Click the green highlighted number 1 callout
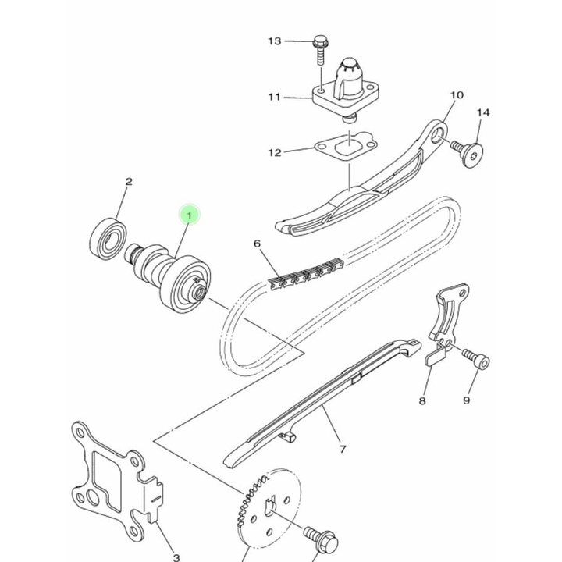tap(189, 215)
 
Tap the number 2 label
tap(129, 182)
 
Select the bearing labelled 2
tap(108, 238)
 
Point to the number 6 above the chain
tap(258, 244)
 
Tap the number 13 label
tap(275, 41)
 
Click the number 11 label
tap(275, 97)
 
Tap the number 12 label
tap(275, 153)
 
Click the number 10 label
tap(457, 95)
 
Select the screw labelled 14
tap(468, 153)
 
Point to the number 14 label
tap(483, 112)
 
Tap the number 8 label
tap(422, 400)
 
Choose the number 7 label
tap(343, 449)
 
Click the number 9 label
tap(466, 400)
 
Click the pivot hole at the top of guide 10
tap(437, 137)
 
